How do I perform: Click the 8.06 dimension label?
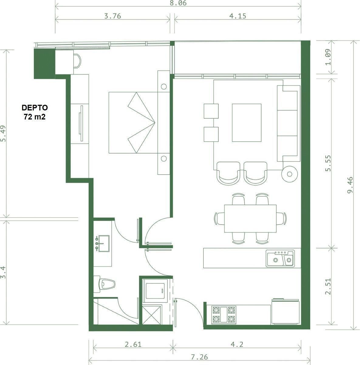[178, 3]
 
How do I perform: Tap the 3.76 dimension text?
[113, 16]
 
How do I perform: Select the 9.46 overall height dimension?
[350, 185]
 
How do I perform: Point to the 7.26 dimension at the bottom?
[199, 357]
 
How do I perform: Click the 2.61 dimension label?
[133, 344]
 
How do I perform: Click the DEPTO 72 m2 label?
[35, 112]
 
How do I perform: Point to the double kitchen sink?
[280, 259]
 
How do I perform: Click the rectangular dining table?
[250, 218]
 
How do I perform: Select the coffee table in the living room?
[247, 123]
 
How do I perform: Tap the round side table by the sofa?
[290, 174]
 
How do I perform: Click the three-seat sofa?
[289, 123]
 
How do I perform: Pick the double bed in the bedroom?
[133, 123]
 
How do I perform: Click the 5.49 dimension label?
[3, 134]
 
